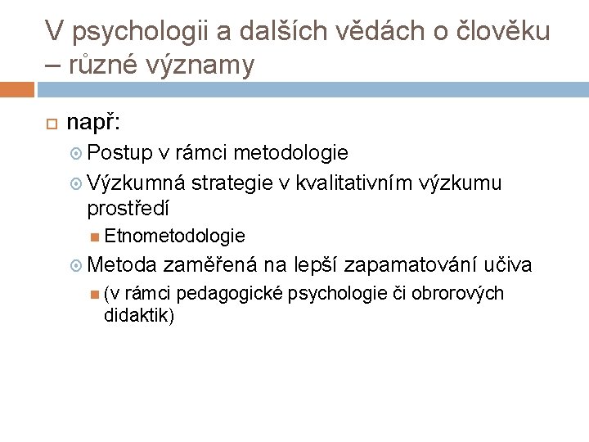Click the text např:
[x=93, y=123]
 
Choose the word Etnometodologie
[x=174, y=237]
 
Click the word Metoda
[x=121, y=265]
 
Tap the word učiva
[x=508, y=265]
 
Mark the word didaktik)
[x=139, y=315]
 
